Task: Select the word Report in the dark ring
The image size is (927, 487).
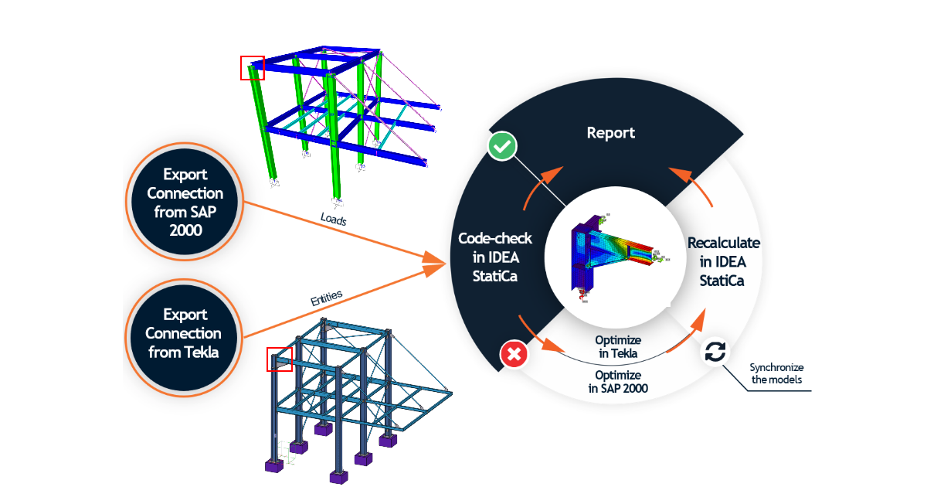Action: tap(610, 133)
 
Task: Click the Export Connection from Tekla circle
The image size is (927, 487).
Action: tap(185, 333)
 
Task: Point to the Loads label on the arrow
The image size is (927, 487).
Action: tap(334, 219)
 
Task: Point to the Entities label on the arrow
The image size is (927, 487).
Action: tap(326, 298)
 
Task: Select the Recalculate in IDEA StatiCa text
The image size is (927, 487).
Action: tap(723, 261)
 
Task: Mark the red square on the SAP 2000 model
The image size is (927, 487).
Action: tap(253, 68)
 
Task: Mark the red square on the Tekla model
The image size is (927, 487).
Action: tap(278, 359)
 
